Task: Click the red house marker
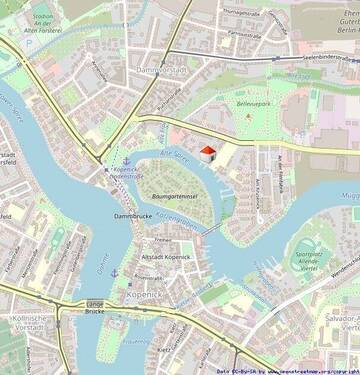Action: click(x=208, y=152)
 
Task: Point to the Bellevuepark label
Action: click(x=254, y=102)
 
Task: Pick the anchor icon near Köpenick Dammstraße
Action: click(x=127, y=161)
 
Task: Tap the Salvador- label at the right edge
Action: click(x=340, y=316)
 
